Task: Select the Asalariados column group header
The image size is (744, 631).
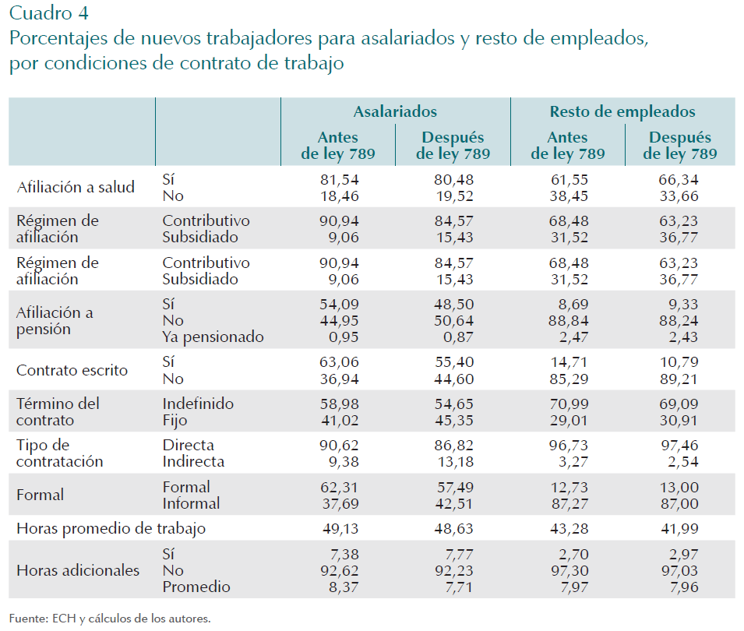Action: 395,112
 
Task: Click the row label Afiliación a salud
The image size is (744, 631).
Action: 76,187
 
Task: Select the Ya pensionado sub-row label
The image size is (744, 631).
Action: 213,337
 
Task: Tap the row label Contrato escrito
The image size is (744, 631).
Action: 72,370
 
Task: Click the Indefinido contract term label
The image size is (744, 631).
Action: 198,404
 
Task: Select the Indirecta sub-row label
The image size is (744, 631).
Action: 193,461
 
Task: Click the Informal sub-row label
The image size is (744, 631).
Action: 191,503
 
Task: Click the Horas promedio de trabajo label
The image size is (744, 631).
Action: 111,529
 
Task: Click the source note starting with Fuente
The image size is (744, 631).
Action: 110,619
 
